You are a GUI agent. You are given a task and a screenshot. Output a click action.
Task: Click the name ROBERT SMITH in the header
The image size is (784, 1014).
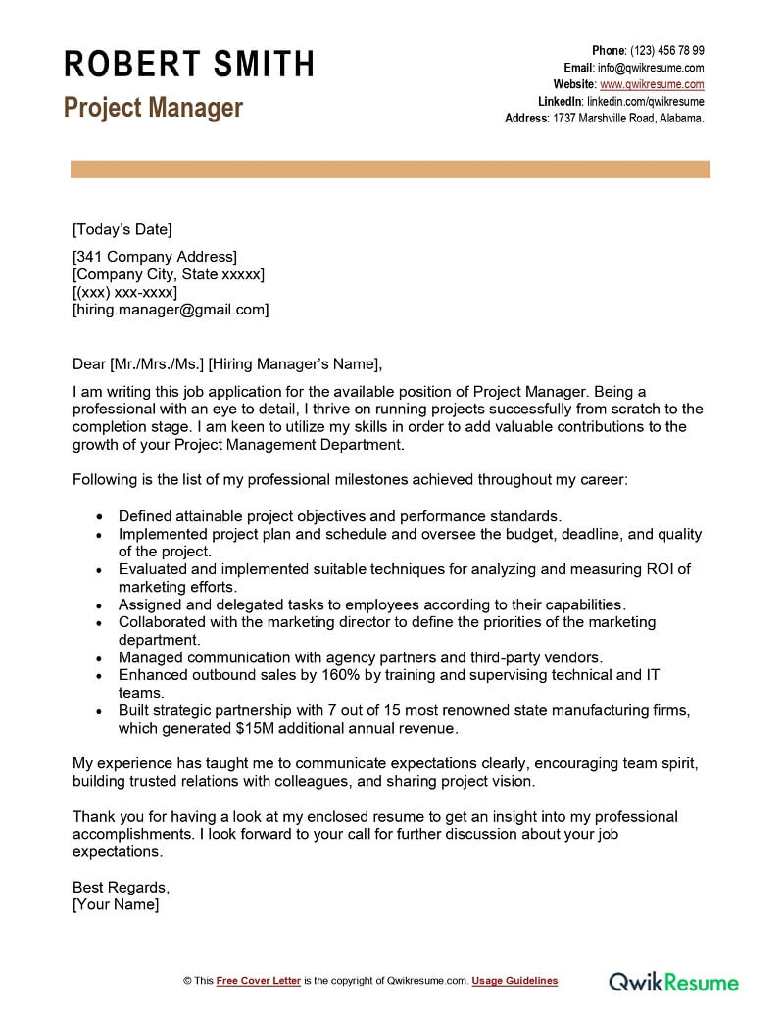point(189,65)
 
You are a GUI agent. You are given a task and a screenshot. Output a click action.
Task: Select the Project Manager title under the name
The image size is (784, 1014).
point(153,108)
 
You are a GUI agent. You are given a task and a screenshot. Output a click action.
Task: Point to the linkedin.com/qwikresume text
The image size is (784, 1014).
point(645,101)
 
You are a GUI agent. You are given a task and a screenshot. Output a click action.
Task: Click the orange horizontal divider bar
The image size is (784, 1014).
point(390,169)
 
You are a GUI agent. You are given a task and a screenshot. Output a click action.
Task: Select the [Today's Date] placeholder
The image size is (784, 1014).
point(122,229)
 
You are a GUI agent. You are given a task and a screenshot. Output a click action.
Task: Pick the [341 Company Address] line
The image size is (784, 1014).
point(155,257)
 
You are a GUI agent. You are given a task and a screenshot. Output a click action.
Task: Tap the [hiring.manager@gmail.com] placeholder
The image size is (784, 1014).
point(171,310)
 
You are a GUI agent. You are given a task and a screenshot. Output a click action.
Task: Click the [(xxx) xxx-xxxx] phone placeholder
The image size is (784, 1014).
point(124,292)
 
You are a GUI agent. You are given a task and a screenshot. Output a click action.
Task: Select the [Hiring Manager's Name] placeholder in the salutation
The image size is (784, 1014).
point(293,363)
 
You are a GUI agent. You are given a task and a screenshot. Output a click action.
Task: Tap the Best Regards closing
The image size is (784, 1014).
point(121,887)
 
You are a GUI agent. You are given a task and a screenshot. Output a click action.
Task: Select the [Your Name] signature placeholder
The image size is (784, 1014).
point(116,904)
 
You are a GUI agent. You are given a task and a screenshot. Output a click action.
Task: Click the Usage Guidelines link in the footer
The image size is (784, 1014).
point(514,981)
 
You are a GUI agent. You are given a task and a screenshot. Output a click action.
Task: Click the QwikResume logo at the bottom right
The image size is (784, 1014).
point(674,981)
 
